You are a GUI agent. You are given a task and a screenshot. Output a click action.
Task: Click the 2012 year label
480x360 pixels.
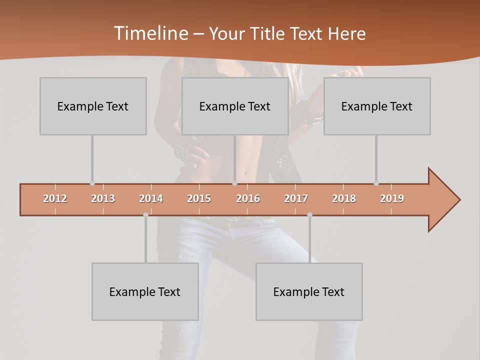click(55, 198)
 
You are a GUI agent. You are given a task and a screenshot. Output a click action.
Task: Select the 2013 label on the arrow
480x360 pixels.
click(103, 198)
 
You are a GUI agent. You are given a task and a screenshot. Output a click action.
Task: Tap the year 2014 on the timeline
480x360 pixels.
click(151, 198)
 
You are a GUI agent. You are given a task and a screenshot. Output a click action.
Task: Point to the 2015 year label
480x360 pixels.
click(199, 198)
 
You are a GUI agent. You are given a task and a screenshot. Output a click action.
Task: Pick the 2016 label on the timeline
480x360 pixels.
click(248, 198)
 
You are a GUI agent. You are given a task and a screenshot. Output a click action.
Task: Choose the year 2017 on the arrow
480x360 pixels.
click(296, 198)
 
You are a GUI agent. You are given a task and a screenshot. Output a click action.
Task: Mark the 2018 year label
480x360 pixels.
click(344, 198)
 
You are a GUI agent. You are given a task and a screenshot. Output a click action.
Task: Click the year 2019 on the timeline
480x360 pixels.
click(392, 198)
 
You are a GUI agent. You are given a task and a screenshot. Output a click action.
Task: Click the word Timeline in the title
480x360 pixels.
click(150, 33)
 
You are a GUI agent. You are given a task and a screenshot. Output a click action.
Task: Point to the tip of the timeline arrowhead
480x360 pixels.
click(459, 200)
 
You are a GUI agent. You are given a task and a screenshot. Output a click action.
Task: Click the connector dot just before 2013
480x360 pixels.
click(92, 183)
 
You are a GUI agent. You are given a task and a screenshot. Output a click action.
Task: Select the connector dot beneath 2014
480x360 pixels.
click(145, 215)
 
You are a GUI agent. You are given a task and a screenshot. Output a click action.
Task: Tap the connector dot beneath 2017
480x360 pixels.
click(309, 215)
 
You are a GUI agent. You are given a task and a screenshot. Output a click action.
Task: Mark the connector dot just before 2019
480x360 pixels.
click(376, 183)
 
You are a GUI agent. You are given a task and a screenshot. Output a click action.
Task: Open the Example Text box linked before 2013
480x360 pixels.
click(93, 106)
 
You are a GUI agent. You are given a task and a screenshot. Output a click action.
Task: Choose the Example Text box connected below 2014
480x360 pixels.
click(145, 291)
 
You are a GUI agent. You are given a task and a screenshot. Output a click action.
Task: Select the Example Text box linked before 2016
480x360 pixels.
click(235, 106)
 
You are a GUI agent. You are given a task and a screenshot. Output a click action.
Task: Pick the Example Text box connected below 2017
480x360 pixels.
click(309, 291)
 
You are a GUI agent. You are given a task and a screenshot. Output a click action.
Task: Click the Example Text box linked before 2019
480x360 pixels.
click(377, 106)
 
